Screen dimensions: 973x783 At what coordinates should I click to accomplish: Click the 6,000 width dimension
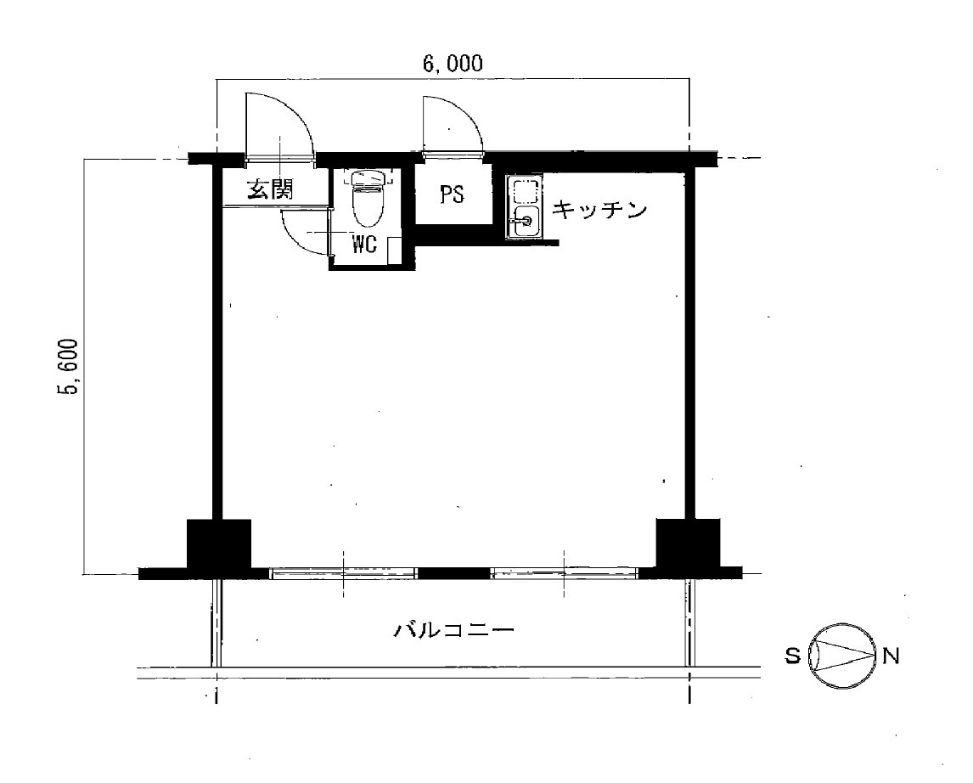pyautogui.click(x=453, y=64)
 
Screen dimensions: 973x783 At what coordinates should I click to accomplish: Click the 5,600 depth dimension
pyautogui.click(x=67, y=367)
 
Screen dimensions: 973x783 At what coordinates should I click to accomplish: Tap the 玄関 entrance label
pyautogui.click(x=270, y=189)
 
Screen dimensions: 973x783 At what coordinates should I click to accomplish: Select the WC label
pyautogui.click(x=364, y=245)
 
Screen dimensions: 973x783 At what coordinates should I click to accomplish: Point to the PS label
pyautogui.click(x=452, y=194)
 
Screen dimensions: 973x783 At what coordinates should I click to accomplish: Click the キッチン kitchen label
pyautogui.click(x=599, y=210)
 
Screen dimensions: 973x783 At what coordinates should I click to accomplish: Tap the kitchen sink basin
pyautogui.click(x=525, y=220)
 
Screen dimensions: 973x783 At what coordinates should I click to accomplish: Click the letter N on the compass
pyautogui.click(x=891, y=656)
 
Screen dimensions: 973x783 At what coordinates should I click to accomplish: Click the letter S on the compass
pyautogui.click(x=792, y=656)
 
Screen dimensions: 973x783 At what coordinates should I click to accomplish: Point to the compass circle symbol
pyautogui.click(x=842, y=656)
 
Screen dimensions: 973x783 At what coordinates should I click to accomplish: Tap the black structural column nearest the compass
pyautogui.click(x=689, y=544)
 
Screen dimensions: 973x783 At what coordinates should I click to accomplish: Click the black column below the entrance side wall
pyautogui.click(x=219, y=544)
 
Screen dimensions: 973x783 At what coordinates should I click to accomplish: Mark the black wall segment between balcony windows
pyautogui.click(x=453, y=573)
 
